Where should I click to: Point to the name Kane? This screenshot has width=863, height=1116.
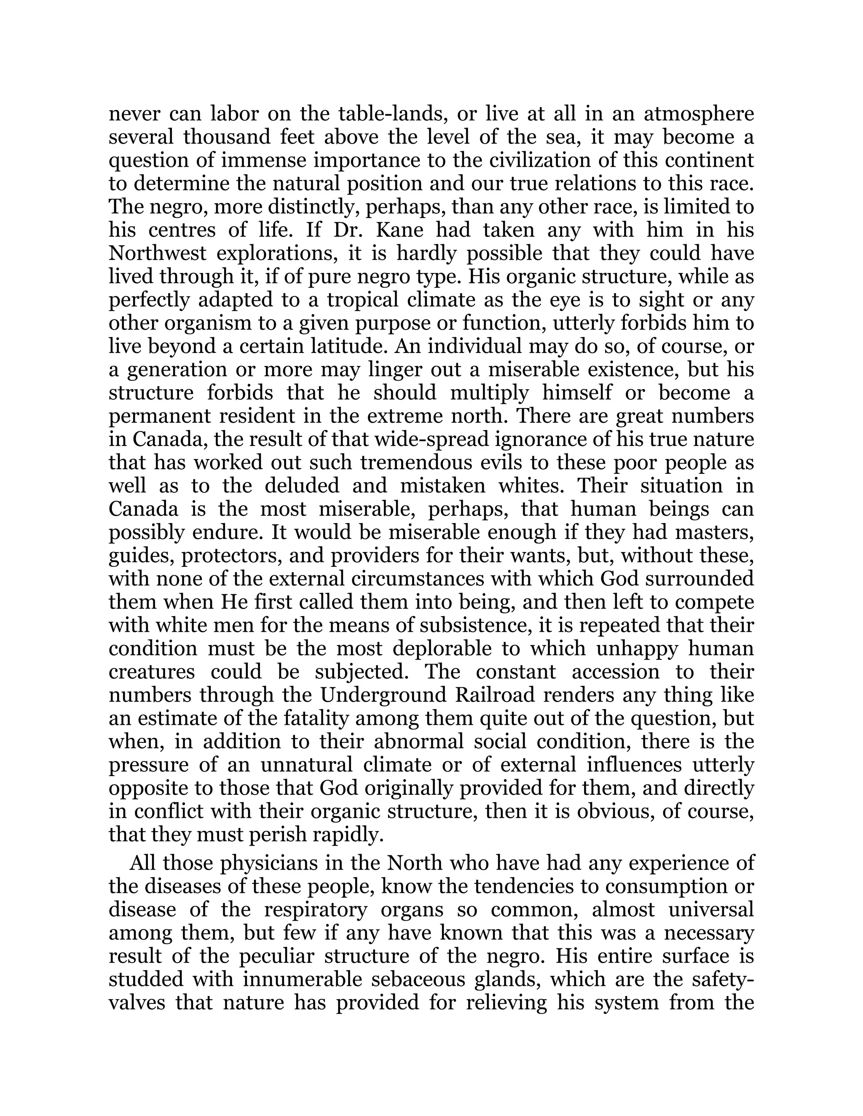(399, 230)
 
